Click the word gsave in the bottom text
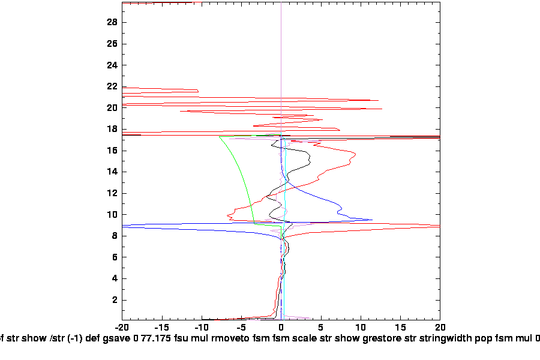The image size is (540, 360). pos(119,338)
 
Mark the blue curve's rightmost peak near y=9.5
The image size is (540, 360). pos(372,220)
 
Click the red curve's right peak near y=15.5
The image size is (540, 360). pos(356,155)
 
